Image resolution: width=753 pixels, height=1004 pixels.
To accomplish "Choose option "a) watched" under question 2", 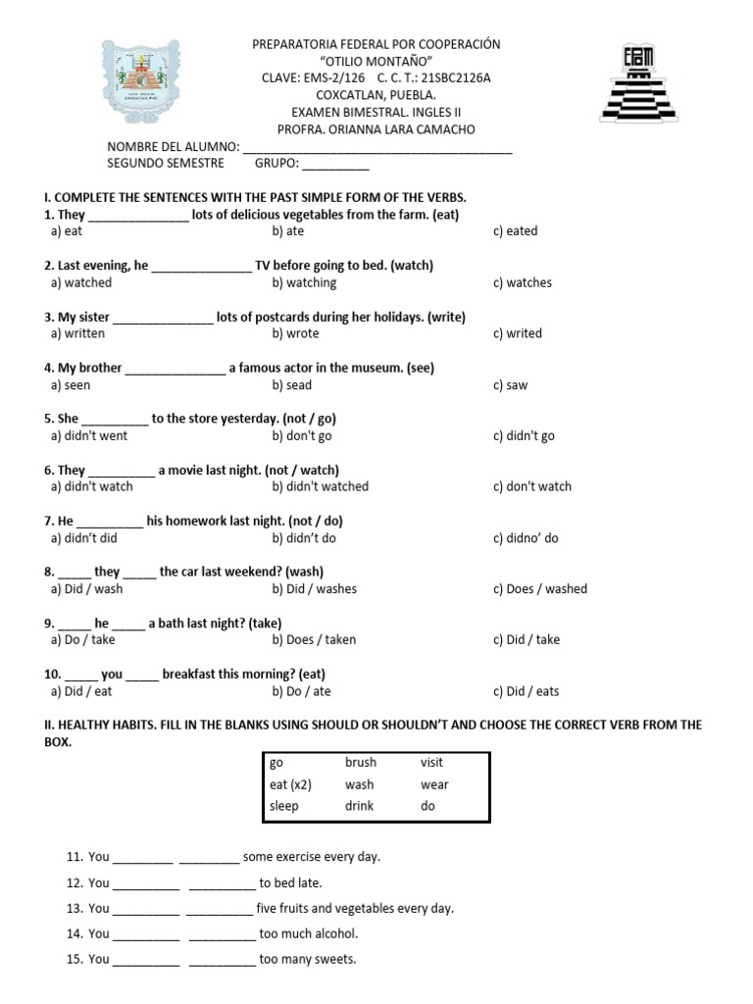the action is point(81,282).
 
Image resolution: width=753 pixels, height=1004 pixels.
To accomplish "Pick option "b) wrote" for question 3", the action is point(295,333).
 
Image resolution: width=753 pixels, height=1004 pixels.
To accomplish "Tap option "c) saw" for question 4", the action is point(510,385).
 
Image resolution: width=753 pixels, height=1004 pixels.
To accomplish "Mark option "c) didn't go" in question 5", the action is point(524,435).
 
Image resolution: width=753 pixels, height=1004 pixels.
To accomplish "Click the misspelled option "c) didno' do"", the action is point(526,538).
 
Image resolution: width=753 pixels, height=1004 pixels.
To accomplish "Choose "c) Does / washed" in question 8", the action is point(539,589).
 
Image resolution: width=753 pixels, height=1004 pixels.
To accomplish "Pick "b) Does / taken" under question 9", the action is point(314,640).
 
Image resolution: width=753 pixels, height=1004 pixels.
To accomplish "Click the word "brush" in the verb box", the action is point(361,762).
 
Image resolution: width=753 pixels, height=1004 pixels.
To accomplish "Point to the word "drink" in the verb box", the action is point(360,806).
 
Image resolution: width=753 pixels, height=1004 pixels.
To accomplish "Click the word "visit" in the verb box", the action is point(432,762).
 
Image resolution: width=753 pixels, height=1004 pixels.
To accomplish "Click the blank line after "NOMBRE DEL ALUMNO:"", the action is point(377,148).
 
